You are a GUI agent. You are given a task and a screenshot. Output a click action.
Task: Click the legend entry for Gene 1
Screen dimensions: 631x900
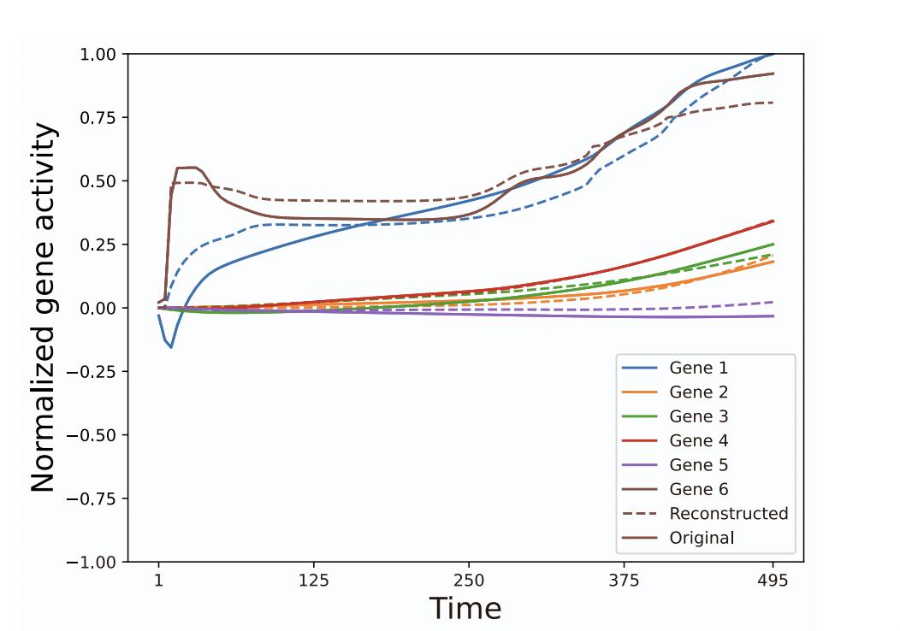[x=698, y=368]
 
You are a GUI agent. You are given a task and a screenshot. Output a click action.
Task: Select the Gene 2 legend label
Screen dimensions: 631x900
[x=698, y=392]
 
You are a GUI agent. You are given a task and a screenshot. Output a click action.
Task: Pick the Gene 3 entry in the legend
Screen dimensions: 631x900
[x=698, y=416]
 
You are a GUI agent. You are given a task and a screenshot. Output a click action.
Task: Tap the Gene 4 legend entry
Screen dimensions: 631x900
[x=698, y=441]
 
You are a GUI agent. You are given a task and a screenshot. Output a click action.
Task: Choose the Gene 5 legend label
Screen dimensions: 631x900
[x=698, y=465]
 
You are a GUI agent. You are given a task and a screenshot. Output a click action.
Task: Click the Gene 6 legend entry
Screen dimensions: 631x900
[x=698, y=490]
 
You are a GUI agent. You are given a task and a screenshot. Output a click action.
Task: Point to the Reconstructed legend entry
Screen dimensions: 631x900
[x=728, y=514]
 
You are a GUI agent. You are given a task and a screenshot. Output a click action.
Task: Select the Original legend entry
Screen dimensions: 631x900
[x=702, y=539]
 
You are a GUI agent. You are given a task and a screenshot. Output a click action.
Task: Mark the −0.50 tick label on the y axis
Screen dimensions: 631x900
[x=92, y=435]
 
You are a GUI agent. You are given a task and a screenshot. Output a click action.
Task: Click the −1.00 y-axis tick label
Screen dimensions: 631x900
[x=92, y=562]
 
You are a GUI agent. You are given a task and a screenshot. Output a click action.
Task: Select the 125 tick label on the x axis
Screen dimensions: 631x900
[x=314, y=581]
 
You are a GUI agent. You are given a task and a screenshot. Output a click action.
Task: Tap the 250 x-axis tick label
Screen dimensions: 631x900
[x=469, y=581]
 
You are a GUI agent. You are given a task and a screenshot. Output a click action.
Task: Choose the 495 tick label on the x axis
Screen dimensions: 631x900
[x=773, y=581]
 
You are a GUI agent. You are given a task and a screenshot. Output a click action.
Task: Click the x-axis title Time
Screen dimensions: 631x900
[x=465, y=608]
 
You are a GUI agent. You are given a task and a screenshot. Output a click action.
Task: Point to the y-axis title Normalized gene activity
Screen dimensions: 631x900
[x=44, y=308]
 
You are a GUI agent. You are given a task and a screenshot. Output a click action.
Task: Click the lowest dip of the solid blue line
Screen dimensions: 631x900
[x=171, y=347]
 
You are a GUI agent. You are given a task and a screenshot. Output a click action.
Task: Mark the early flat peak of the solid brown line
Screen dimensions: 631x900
[x=187, y=168]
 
